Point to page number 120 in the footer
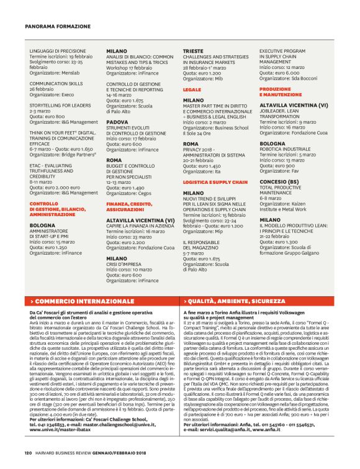(29, 452)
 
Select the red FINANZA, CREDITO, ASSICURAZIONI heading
(130, 206)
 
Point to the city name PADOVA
(117, 122)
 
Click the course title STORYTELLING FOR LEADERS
(61, 106)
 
